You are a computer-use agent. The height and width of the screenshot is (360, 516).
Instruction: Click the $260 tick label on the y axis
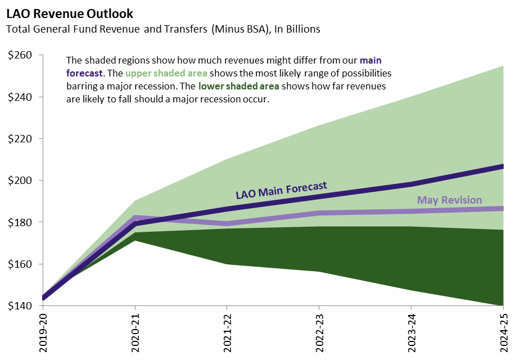pos(20,55)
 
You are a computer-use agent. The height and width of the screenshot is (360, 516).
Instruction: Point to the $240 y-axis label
pos(20,97)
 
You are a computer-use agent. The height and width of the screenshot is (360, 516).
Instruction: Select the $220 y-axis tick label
pos(20,138)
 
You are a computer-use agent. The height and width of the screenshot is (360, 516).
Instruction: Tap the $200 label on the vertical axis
pos(20,181)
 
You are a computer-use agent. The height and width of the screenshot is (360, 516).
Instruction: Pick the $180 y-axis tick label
pos(20,222)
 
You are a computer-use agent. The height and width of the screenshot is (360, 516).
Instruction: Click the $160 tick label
pos(20,264)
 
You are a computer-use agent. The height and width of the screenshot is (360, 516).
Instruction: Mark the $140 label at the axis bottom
pos(20,305)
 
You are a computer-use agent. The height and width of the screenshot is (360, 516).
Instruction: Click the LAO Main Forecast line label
pos(281,190)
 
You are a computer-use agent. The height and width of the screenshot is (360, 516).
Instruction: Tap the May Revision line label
pos(449,200)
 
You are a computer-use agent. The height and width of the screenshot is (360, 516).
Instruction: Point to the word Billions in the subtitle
pos(302,29)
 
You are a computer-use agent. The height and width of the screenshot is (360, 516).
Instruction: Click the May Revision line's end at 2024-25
pos(502,209)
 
